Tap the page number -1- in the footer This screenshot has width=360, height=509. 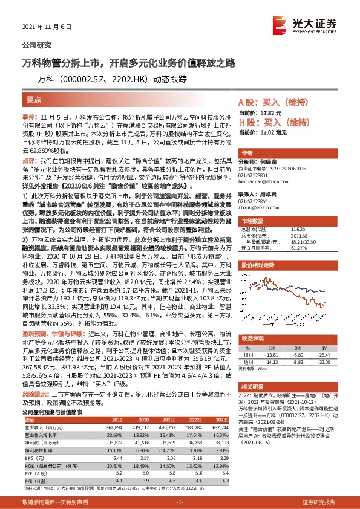coord(178,502)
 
